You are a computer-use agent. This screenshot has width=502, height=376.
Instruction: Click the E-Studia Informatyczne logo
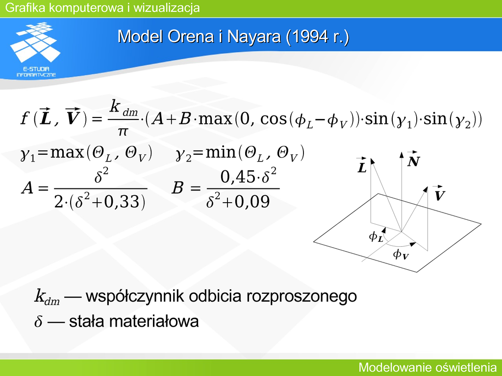pos(35,49)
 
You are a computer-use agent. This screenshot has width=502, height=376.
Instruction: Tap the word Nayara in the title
pos(253,36)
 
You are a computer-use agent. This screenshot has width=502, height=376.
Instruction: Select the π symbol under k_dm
pos(123,131)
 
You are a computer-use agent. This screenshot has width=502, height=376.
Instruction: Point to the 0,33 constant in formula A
pos(124,202)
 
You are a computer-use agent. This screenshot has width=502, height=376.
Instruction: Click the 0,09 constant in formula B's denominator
pos(252,202)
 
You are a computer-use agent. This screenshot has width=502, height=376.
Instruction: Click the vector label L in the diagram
pos(362,165)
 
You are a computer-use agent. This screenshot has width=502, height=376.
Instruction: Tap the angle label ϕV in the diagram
pos(401,254)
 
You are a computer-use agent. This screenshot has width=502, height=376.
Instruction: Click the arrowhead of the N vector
pos(402,155)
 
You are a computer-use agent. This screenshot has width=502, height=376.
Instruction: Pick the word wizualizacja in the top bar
pos(167,8)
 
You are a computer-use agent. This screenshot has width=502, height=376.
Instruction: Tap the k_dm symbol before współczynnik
pos(47,296)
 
